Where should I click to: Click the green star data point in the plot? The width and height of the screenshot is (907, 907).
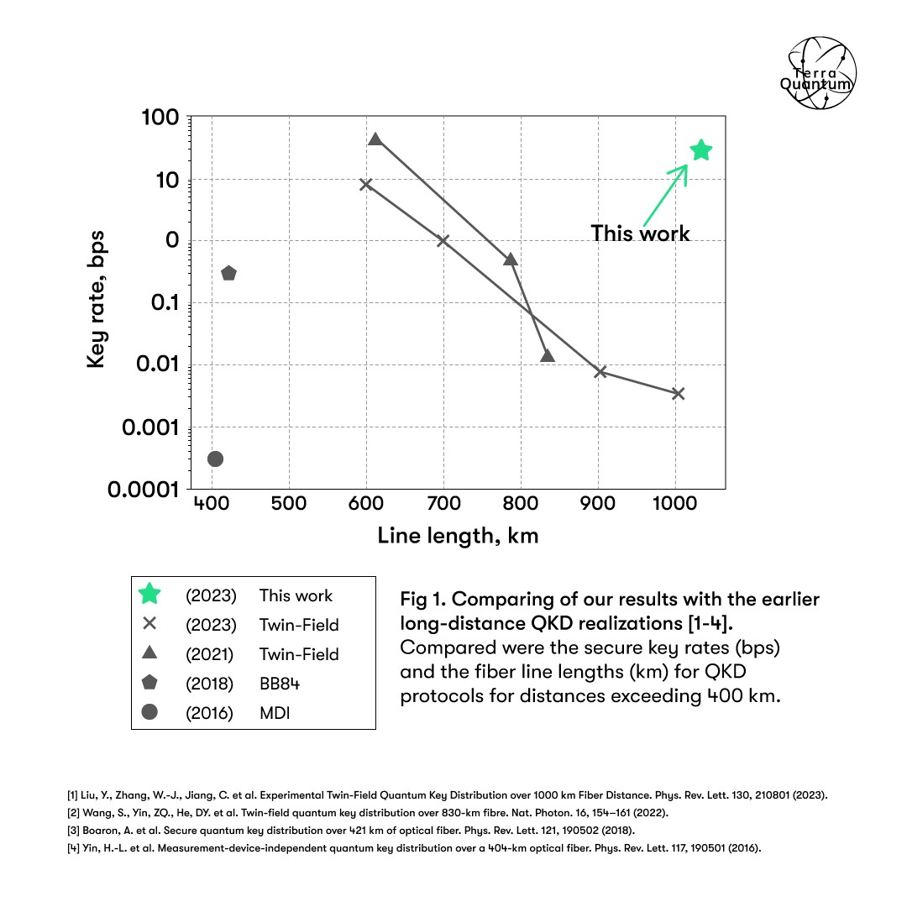click(x=701, y=150)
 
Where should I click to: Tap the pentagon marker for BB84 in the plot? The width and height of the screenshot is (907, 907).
click(x=229, y=273)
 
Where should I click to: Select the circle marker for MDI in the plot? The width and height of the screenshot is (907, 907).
click(x=215, y=459)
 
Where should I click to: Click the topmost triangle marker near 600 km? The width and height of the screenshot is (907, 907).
click(x=375, y=139)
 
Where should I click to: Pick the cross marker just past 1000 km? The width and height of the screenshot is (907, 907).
click(x=679, y=393)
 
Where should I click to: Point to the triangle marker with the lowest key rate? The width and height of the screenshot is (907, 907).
click(x=548, y=356)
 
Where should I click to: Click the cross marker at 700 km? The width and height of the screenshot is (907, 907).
click(x=443, y=240)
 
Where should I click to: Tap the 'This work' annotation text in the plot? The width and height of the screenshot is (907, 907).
click(x=640, y=233)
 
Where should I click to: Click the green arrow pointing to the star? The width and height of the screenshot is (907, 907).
click(x=666, y=195)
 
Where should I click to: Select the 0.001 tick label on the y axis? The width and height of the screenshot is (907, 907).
click(x=150, y=427)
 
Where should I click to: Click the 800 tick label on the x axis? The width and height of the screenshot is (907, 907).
click(x=521, y=503)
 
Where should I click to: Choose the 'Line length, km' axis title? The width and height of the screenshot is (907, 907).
click(x=459, y=536)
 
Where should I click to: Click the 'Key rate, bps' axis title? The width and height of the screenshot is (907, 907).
click(x=96, y=299)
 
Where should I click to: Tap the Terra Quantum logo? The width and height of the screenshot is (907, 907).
click(x=819, y=73)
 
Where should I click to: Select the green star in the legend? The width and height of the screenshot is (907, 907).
click(x=149, y=594)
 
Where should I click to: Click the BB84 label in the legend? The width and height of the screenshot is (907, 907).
click(x=280, y=684)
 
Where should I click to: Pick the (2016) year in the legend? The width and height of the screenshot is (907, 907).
click(x=209, y=713)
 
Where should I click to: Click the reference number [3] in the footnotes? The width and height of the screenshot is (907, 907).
click(x=73, y=831)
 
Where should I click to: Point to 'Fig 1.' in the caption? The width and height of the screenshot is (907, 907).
click(x=422, y=600)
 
